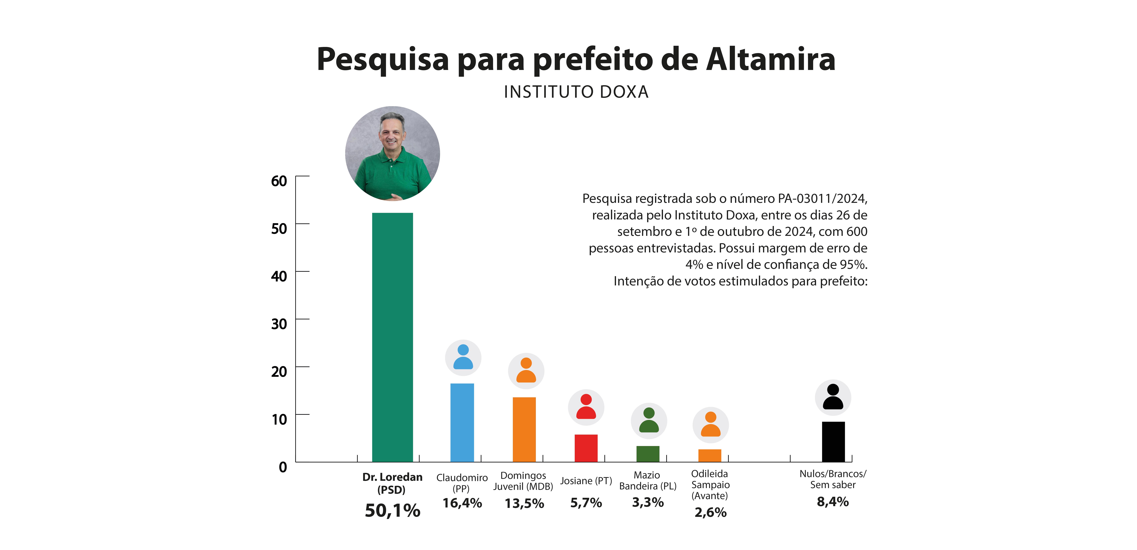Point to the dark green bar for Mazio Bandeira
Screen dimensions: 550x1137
(648, 454)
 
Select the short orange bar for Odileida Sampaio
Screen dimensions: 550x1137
(710, 455)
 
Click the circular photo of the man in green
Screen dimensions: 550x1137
(392, 153)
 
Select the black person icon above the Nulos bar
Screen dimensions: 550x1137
(833, 397)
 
